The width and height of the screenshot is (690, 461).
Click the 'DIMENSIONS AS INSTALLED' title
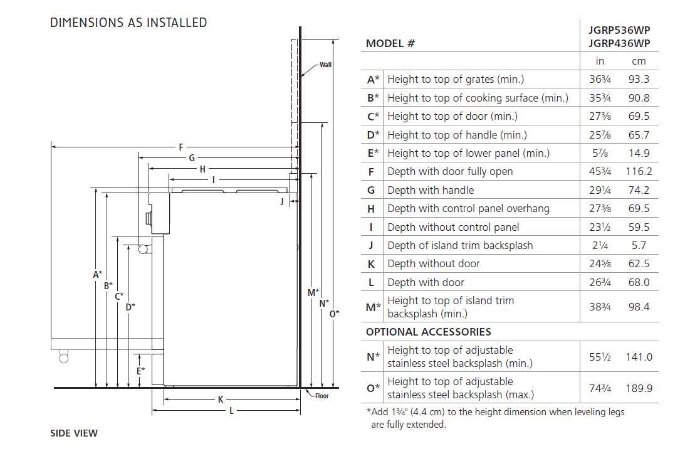128,23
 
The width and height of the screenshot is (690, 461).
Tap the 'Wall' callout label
326,65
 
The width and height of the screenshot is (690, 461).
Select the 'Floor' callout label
321,396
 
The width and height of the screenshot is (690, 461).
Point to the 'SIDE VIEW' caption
74,433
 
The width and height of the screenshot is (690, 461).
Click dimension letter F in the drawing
181,147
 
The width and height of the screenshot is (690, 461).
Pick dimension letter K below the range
221,400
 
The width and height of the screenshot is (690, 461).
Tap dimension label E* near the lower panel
140,371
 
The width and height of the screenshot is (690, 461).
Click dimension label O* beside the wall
335,314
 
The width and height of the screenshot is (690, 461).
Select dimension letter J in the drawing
282,202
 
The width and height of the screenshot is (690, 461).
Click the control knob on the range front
149,218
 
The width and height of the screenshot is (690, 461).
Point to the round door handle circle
143,250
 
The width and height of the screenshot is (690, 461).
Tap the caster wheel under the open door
64,358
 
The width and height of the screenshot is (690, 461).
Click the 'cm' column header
639,61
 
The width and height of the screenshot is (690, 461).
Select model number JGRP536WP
619,30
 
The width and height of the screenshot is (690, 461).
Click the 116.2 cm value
639,172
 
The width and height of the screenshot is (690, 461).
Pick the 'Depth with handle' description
431,190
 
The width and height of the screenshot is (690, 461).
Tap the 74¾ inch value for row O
600,388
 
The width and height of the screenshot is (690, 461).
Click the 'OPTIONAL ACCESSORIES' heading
428,332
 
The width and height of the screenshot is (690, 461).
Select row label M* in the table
373,307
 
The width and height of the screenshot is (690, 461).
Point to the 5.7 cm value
639,245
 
